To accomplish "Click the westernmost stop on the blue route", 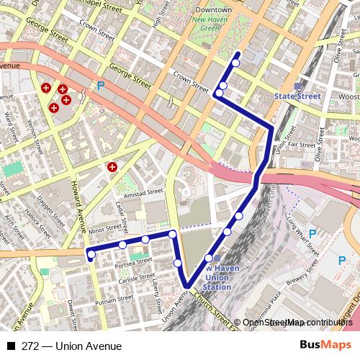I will click(x=91, y=253).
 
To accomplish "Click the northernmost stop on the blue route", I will click(x=235, y=63).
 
